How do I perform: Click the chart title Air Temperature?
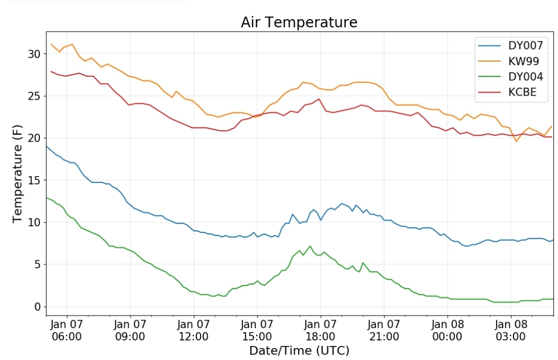coord(299,22)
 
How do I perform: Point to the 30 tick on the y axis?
coord(35,54)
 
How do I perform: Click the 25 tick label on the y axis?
coord(35,96)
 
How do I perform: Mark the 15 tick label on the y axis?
coord(35,180)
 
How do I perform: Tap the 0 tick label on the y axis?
coord(38,307)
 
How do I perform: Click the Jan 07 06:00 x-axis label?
coord(67,330)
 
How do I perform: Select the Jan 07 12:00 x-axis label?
coord(194,330)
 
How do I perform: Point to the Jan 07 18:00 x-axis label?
coord(320,330)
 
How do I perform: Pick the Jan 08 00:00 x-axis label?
coord(447,330)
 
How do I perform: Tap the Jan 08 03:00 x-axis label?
coord(510,330)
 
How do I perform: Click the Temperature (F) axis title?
coord(17,174)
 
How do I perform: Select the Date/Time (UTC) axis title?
coord(299,351)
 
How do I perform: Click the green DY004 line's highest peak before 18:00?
coord(310,246)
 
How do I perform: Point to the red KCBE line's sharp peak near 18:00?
coord(319,99)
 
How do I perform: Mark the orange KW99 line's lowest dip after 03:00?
coord(516,141)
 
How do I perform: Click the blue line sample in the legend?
coord(489,46)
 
